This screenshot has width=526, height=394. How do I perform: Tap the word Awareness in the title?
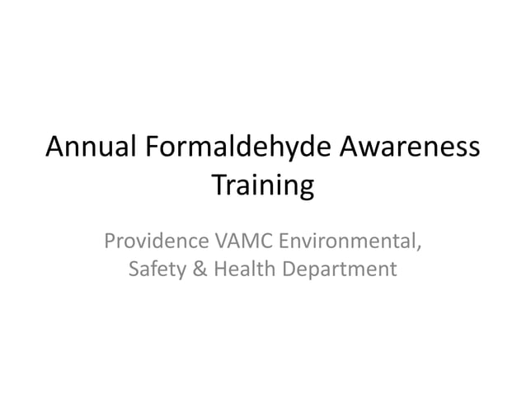(x=410, y=147)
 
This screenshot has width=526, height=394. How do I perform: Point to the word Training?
(x=263, y=185)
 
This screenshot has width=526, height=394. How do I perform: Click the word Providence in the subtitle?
(x=156, y=242)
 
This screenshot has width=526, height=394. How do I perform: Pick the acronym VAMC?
(x=243, y=242)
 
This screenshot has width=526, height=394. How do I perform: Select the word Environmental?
(x=347, y=242)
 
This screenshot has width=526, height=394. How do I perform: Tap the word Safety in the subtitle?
(x=157, y=269)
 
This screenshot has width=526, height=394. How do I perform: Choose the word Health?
(x=244, y=269)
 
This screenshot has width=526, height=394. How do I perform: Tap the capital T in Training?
(x=218, y=184)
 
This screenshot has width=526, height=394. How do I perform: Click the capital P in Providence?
(x=110, y=242)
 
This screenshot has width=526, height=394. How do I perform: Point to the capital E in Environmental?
(x=284, y=242)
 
